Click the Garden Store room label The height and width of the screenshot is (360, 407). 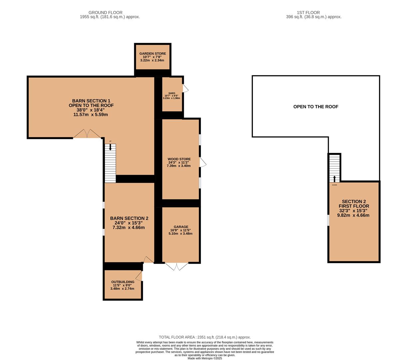(153, 53)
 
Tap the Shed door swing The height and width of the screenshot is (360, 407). (185, 88)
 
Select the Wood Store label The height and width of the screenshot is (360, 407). (179, 159)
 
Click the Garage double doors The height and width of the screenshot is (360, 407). (177, 266)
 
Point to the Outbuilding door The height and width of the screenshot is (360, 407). (139, 276)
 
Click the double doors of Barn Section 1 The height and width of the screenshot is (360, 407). (87, 134)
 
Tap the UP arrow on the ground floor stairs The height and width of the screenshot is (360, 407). (110, 147)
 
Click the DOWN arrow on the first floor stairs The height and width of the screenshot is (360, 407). (334, 179)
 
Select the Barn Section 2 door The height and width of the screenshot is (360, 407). (149, 260)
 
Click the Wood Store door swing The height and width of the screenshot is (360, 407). (203, 162)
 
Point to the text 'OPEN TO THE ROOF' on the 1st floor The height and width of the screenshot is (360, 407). (316, 107)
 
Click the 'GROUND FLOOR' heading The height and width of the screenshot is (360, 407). (105, 12)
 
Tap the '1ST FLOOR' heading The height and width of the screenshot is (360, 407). (308, 12)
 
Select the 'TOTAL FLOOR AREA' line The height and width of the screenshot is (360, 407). (205, 337)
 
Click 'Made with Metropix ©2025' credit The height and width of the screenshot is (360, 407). (205, 358)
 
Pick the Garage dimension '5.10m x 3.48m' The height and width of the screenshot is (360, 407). (181, 233)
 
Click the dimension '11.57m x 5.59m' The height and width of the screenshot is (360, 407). (91, 115)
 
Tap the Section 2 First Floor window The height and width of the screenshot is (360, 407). (328, 220)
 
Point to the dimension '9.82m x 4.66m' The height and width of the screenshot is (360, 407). (353, 215)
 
